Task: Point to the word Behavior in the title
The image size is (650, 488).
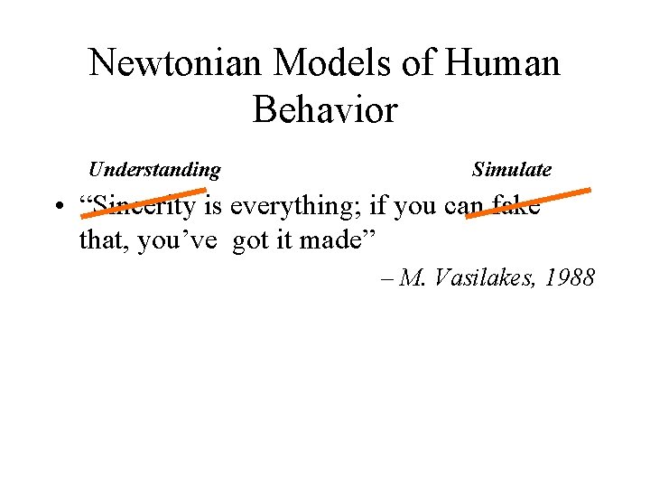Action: pyautogui.click(x=325, y=110)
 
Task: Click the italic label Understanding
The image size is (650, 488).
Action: pyautogui.click(x=154, y=170)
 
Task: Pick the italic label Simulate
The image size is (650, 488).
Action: pyautogui.click(x=511, y=170)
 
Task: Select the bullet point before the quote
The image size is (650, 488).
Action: pyautogui.click(x=57, y=208)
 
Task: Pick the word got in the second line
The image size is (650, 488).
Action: pyautogui.click(x=249, y=241)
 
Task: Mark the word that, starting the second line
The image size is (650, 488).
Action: pyautogui.click(x=104, y=241)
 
